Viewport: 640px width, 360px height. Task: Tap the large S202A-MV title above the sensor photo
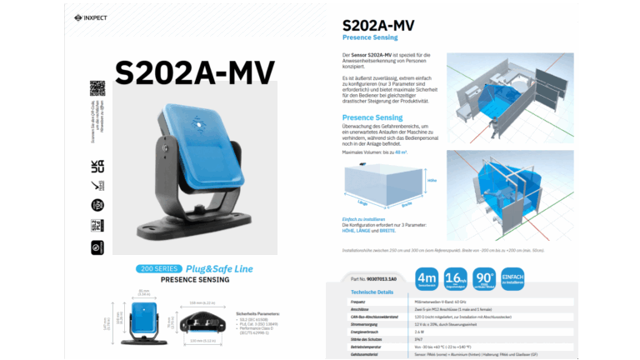pyautogui.click(x=195, y=73)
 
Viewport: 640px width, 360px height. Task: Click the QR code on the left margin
pyautogui.click(x=97, y=87)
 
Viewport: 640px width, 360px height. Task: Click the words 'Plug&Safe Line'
pyautogui.click(x=218, y=268)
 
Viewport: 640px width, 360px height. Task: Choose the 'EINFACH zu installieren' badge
pyautogui.click(x=512, y=279)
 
